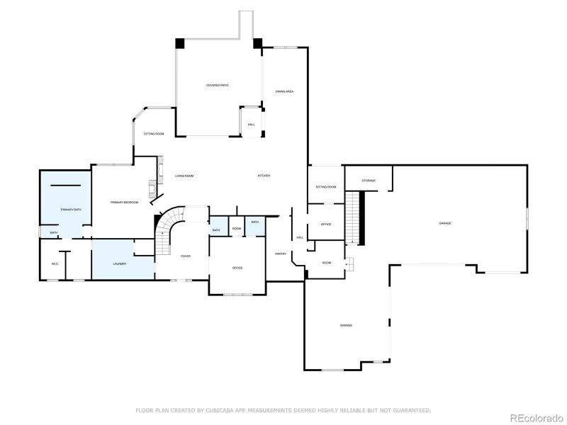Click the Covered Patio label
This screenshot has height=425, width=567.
(217, 85)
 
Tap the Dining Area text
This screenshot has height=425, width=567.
(284, 91)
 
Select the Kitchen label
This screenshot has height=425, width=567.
(264, 176)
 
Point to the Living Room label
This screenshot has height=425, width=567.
(184, 176)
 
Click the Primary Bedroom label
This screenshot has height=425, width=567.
(124, 203)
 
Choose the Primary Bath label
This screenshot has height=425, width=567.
(70, 210)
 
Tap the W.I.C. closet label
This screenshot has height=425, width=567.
(55, 264)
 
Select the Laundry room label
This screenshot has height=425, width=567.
(120, 264)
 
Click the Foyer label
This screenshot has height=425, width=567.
(185, 256)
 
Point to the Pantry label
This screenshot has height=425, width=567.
(280, 254)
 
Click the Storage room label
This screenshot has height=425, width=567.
(369, 181)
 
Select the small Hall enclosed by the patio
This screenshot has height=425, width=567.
(251, 125)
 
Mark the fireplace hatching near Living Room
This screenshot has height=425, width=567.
(151, 187)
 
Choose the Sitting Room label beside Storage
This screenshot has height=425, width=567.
(325, 187)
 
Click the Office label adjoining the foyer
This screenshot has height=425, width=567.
(237, 268)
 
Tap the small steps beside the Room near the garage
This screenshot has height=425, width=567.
(348, 263)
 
